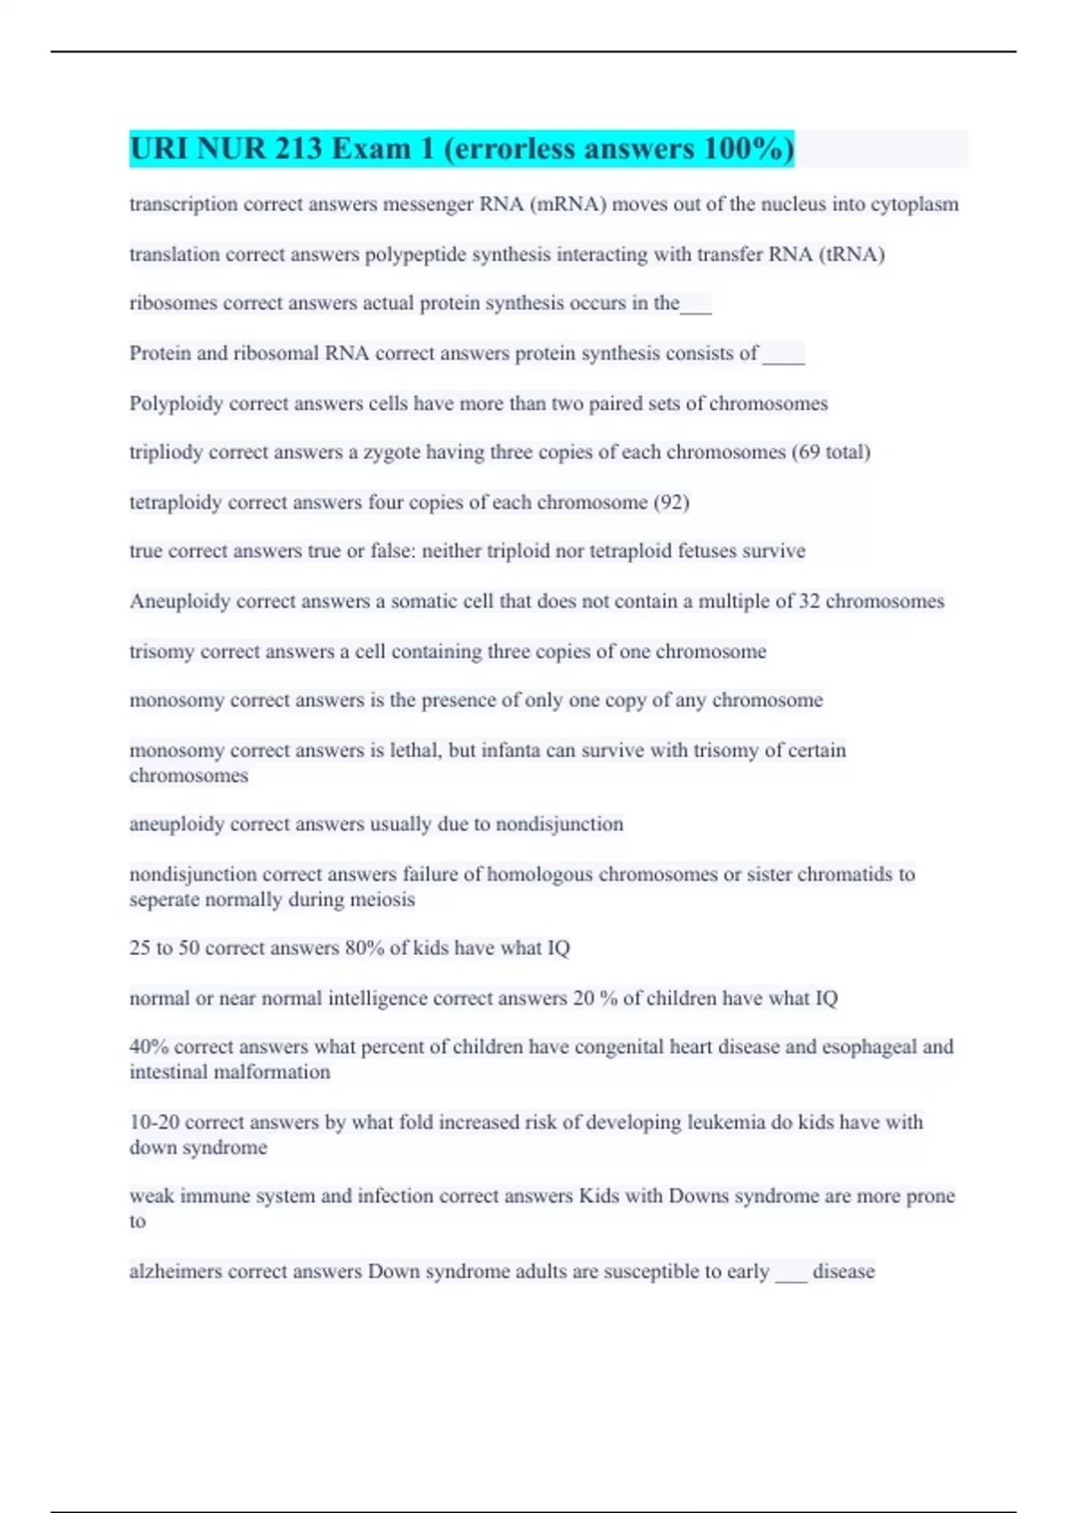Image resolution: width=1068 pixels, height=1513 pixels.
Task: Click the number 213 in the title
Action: click(298, 149)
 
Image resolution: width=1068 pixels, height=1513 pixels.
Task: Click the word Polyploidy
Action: click(176, 404)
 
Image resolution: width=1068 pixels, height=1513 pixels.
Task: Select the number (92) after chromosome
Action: click(671, 503)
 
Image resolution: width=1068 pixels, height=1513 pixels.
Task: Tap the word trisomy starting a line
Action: click(162, 651)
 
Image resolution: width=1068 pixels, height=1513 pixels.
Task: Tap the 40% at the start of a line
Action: click(149, 1048)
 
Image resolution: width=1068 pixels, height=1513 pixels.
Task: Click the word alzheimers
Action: click(176, 1272)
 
